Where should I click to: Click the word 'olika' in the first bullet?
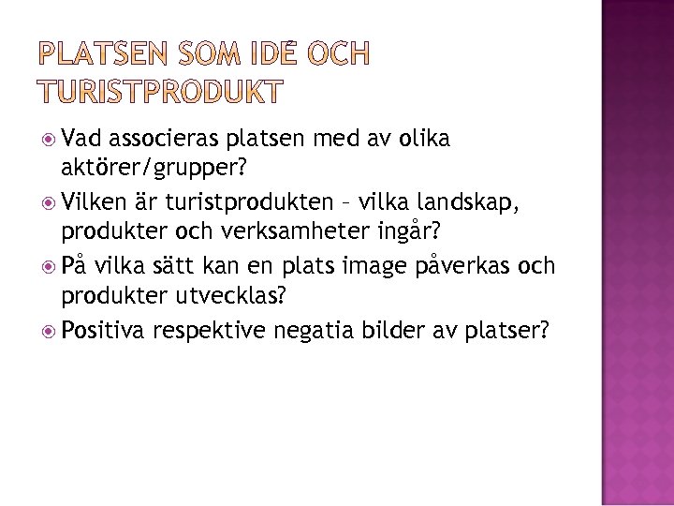422,140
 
